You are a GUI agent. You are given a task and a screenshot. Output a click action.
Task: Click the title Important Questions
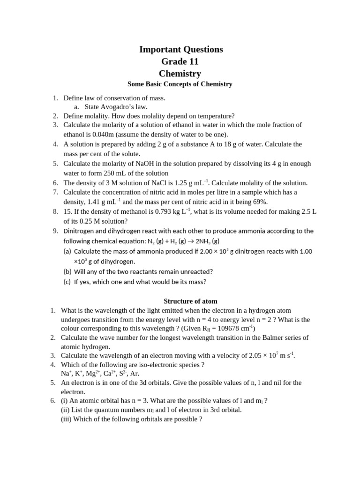coord(181,49)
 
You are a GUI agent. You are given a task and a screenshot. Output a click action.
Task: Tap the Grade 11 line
coord(180,61)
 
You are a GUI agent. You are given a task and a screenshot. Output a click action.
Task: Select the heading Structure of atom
coord(190,301)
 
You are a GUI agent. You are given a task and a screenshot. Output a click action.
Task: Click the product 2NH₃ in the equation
coord(203,241)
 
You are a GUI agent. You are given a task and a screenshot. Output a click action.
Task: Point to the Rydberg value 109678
coord(235,329)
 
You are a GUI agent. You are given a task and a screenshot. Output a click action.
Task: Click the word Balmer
coord(263,337)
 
